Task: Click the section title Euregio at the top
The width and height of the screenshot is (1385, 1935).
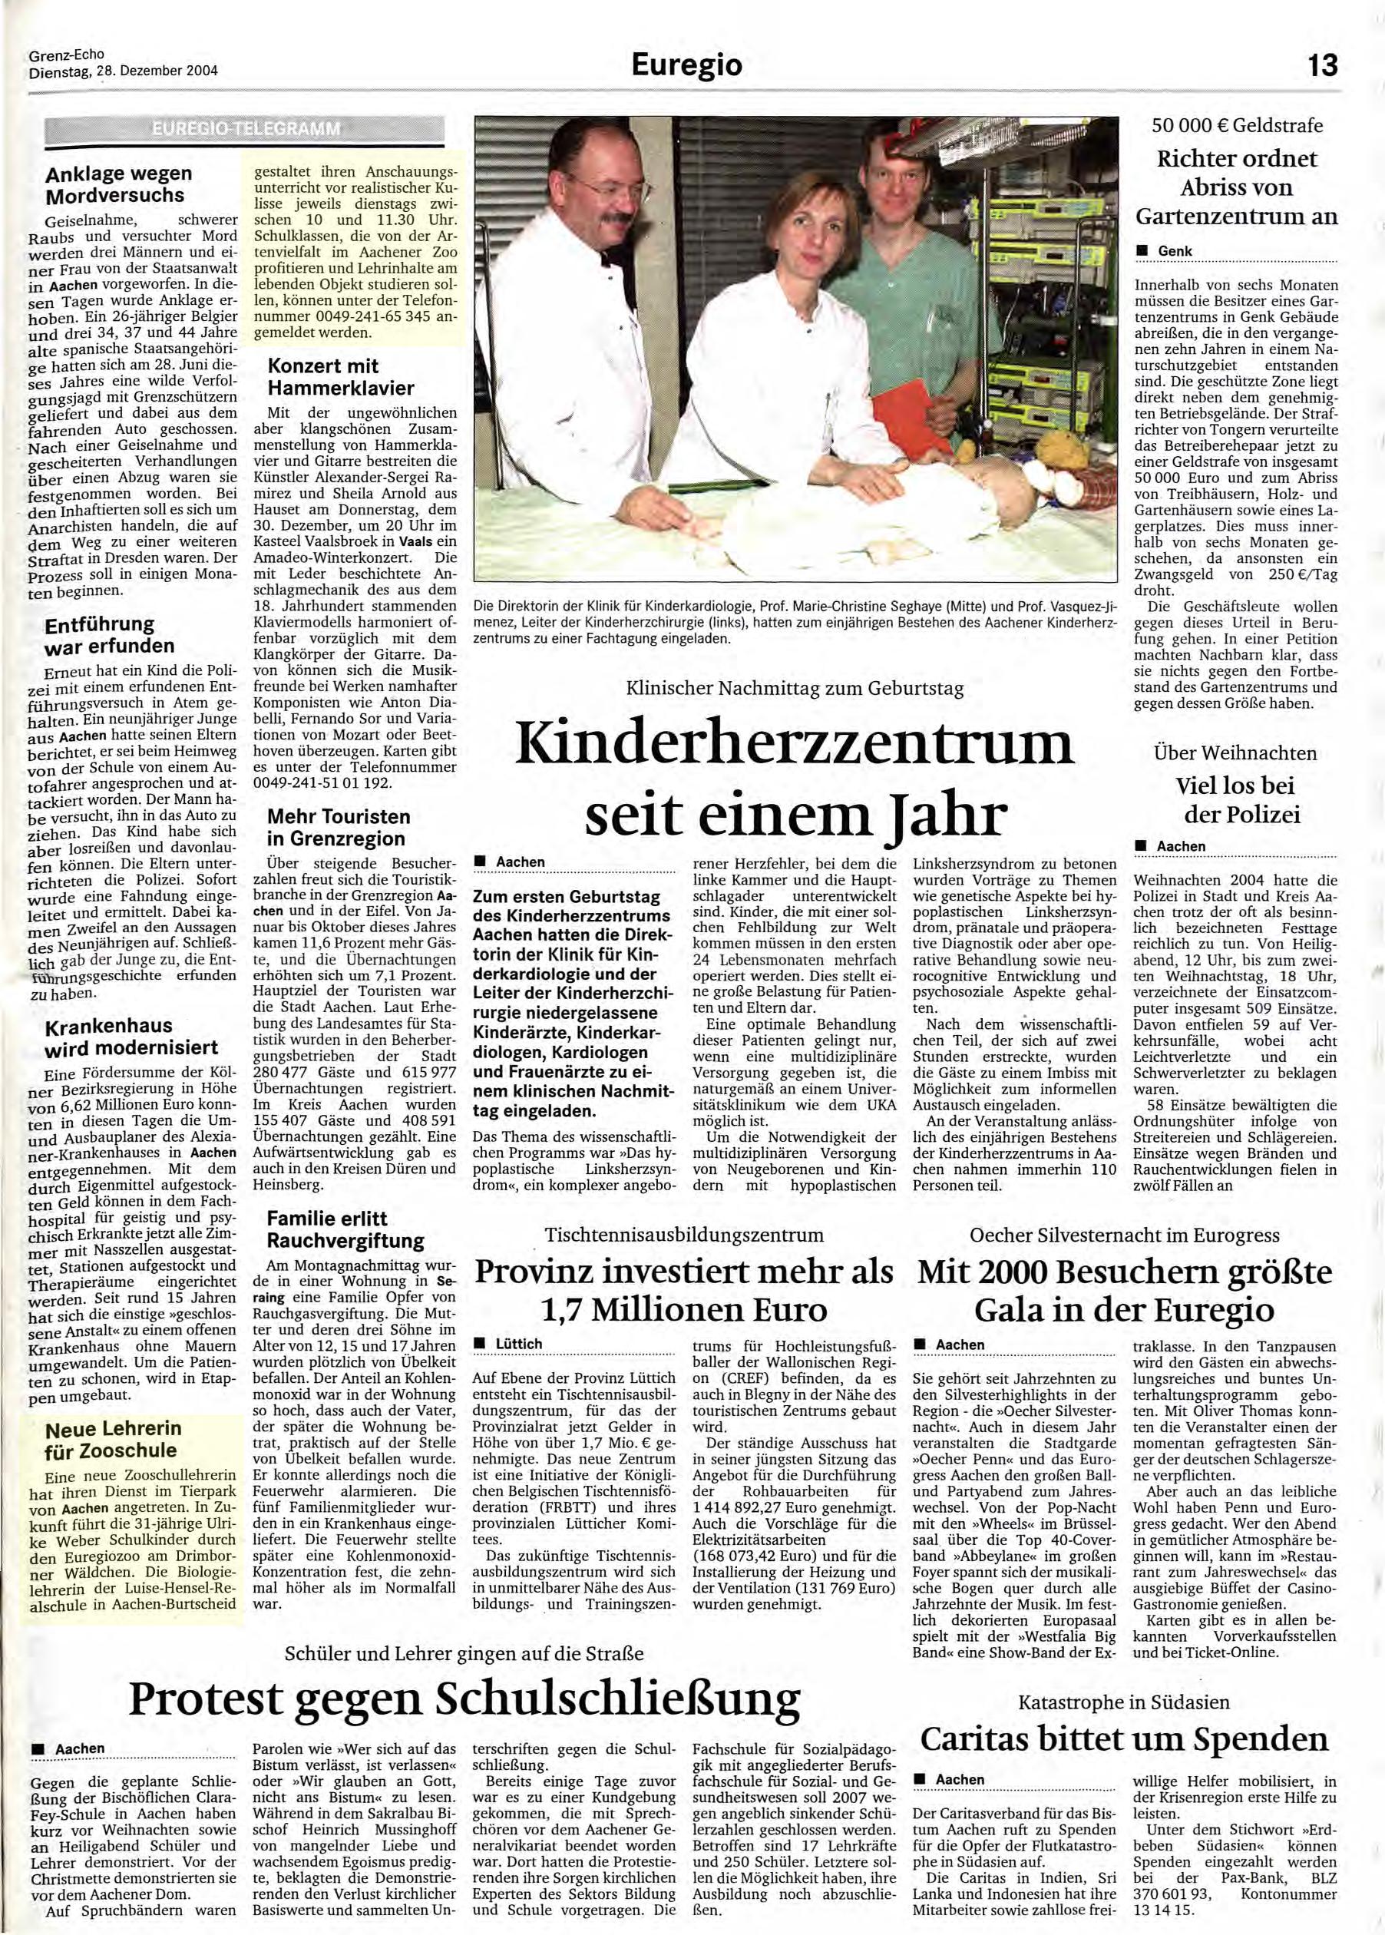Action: (x=686, y=64)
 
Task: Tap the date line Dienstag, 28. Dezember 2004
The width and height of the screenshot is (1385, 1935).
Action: (x=123, y=71)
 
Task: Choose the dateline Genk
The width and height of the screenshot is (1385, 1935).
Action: (x=1175, y=251)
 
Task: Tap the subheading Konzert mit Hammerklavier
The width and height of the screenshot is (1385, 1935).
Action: (x=341, y=376)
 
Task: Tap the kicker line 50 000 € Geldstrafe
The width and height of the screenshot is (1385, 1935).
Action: (x=1237, y=125)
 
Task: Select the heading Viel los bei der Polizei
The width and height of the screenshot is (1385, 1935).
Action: (x=1235, y=799)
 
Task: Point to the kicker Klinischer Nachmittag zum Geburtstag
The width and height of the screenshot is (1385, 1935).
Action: (x=795, y=687)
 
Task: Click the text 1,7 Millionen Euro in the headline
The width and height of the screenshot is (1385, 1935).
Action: (x=683, y=1308)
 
